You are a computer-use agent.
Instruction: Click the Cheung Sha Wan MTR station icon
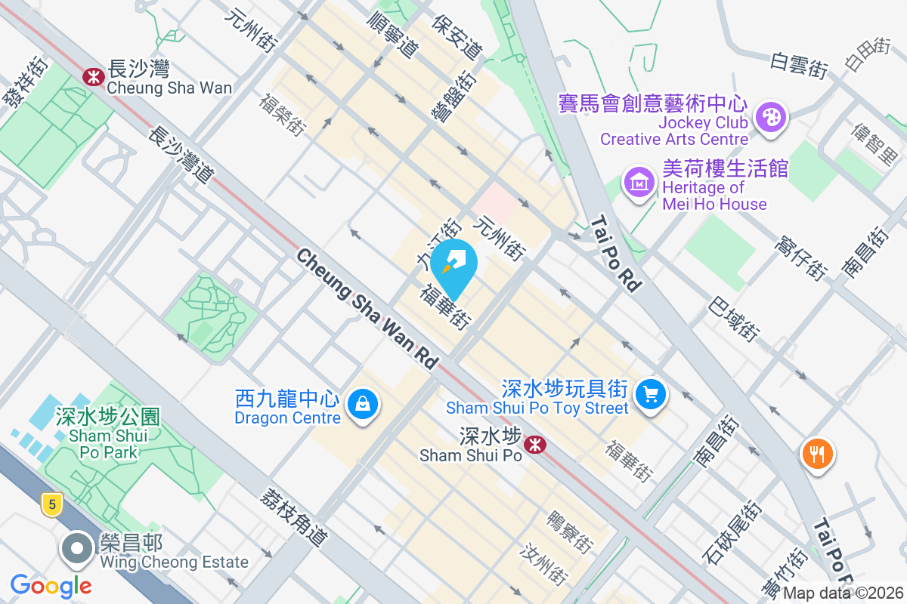94,76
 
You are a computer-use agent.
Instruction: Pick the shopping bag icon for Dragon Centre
364,406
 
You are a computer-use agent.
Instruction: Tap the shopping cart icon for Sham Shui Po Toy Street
650,395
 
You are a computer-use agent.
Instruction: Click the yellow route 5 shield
51,504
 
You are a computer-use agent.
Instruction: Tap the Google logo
51,586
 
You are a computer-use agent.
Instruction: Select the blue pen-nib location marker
457,264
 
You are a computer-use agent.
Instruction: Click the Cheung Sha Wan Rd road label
367,310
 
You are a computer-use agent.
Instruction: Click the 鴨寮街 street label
571,532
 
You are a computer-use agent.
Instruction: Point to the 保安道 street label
457,37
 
